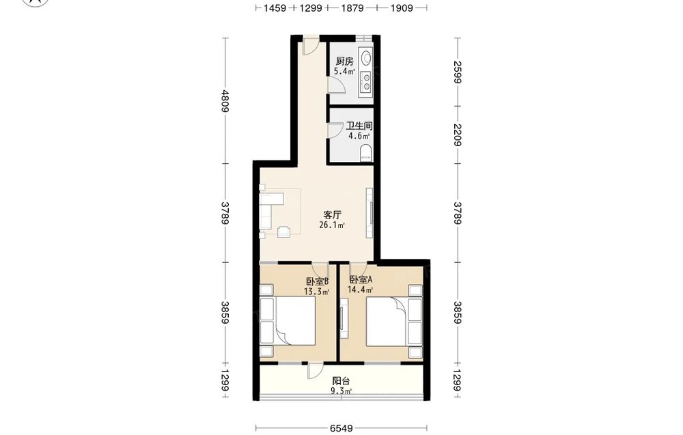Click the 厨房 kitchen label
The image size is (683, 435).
pos(344,61)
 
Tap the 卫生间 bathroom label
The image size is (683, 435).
pos(359,126)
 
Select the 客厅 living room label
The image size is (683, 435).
pos(332,215)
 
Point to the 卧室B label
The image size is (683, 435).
pos(317,281)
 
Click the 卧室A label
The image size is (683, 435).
pos(361,280)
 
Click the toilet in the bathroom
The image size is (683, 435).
pos(366,154)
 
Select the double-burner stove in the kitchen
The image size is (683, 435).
pos(366,82)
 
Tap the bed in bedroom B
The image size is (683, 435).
pos(288,321)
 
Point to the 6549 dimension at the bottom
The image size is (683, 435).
pos(341,428)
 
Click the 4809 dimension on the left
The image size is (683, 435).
pos(225,101)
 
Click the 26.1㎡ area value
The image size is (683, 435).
pos(332,225)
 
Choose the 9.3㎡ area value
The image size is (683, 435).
pos(341,391)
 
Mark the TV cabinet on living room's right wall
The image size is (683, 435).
pos(370,213)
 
